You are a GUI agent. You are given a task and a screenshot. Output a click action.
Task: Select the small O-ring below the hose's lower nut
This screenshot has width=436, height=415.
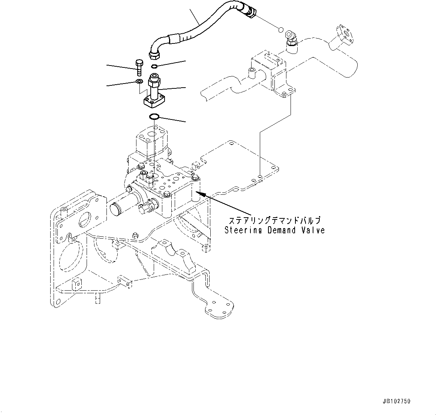pyautogui.click(x=155, y=67)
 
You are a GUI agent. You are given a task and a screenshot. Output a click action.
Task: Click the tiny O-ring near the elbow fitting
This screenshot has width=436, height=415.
pyautogui.click(x=280, y=29)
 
